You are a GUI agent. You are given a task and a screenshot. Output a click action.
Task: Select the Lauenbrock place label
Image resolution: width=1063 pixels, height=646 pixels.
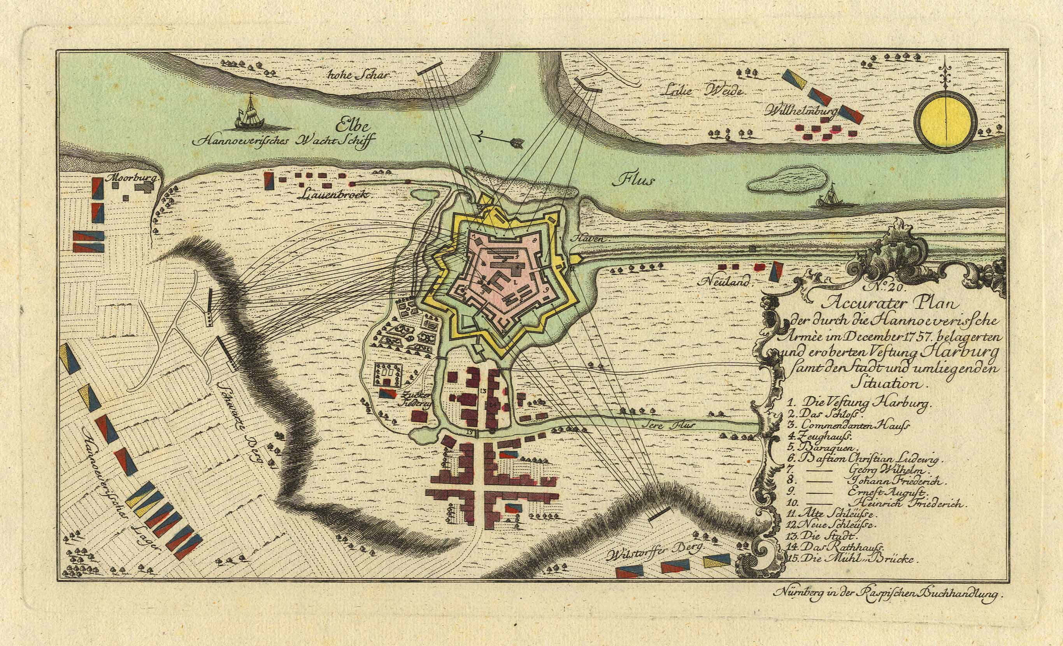point(332,195)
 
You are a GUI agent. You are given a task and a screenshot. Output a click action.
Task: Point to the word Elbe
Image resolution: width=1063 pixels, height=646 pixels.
point(353,127)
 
